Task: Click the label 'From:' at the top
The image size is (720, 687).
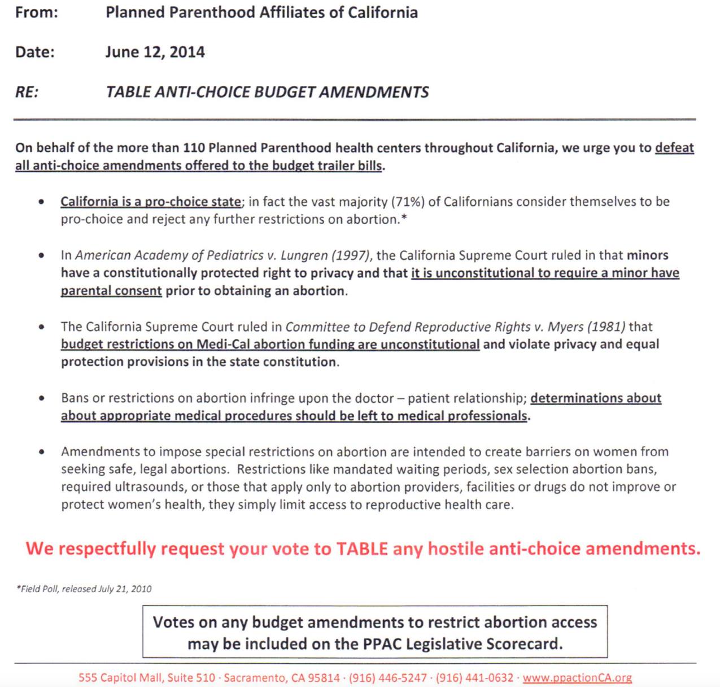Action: (x=37, y=12)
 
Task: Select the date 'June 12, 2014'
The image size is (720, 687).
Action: (x=155, y=52)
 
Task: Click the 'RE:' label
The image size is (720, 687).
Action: (x=27, y=92)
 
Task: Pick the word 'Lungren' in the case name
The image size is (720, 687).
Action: (x=303, y=255)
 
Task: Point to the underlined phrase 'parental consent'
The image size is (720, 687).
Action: (x=111, y=291)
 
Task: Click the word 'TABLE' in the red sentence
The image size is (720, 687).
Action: (x=362, y=549)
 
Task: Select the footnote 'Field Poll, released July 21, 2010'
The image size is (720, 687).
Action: (x=85, y=589)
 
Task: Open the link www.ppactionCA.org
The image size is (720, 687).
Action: (x=577, y=677)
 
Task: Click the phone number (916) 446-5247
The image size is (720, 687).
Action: (x=388, y=677)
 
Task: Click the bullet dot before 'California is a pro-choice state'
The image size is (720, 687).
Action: (x=41, y=202)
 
